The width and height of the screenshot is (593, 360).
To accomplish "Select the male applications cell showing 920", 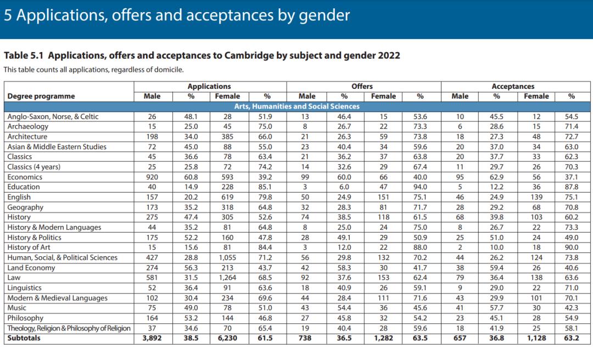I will (x=152, y=177).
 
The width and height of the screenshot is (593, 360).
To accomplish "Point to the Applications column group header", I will (x=209, y=86).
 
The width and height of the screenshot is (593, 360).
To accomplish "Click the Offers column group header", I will (x=362, y=86).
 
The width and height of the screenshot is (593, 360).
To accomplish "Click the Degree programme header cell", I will (x=41, y=96).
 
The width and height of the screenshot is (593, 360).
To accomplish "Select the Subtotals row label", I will (x=24, y=338).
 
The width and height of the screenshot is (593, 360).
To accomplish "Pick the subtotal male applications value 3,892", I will (x=152, y=338).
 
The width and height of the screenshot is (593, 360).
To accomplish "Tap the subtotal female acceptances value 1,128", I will (x=536, y=338).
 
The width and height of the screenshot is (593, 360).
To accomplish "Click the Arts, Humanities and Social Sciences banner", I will (x=296, y=106).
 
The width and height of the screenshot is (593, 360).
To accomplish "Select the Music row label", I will (x=17, y=308).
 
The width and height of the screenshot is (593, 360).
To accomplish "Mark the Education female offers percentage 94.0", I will (x=420, y=187).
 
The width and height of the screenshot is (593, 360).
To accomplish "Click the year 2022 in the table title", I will (x=388, y=55).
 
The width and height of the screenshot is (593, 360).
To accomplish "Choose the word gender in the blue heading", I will (x=323, y=15).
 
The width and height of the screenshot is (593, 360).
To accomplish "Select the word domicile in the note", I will (x=169, y=70).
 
